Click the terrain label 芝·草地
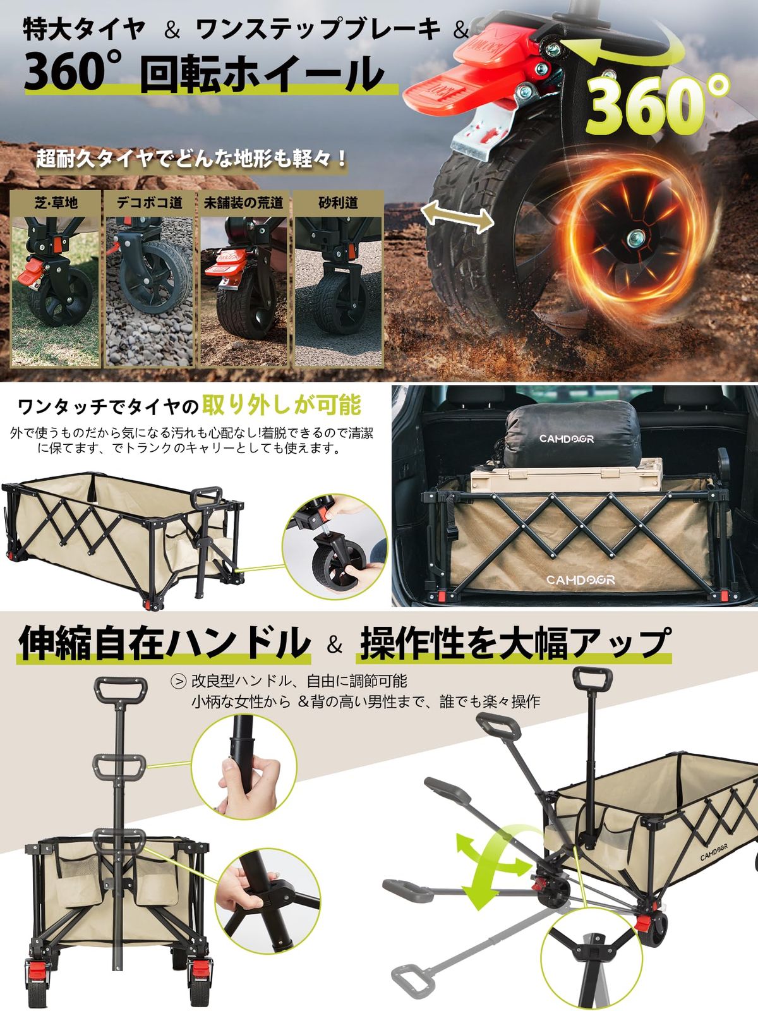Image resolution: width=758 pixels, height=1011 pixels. click(56, 203)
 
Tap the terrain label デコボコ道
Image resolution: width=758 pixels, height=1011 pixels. click(150, 203)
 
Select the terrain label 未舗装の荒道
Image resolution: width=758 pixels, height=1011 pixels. click(243, 203)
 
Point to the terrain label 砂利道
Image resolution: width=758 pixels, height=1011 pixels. click(338, 203)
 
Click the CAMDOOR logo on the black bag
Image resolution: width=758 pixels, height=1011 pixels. click(566, 439)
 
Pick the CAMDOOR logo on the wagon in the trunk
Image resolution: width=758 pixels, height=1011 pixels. click(580, 579)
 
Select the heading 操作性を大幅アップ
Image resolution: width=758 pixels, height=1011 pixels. click(514, 643)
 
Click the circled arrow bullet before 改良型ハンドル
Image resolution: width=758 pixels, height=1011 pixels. click(179, 682)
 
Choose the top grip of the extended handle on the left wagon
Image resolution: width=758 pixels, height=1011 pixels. click(121, 690)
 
